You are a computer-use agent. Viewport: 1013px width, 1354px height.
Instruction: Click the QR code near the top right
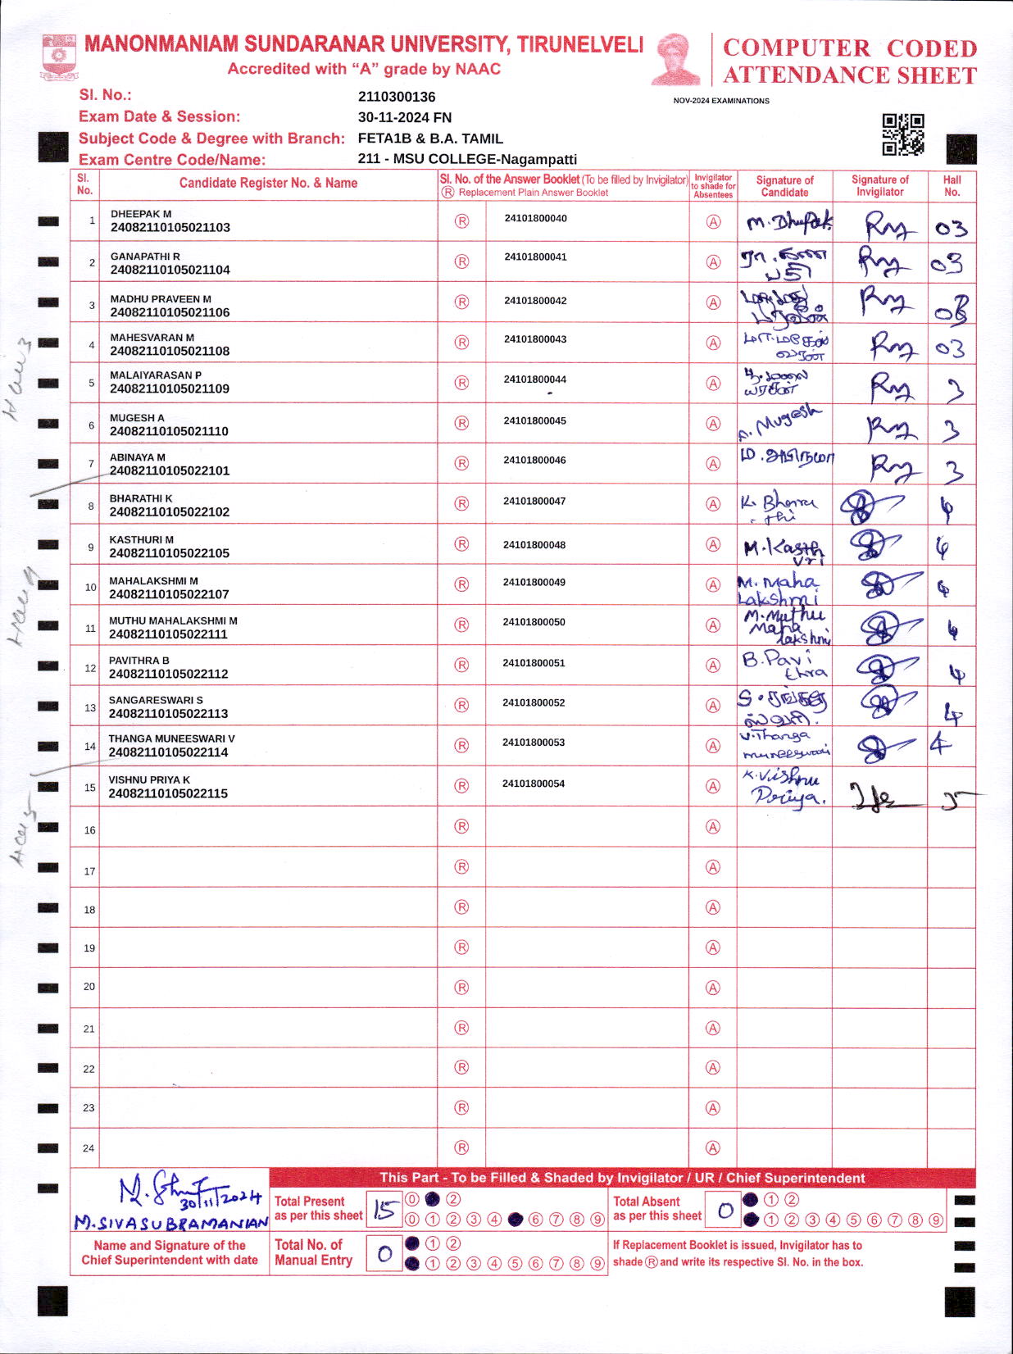pos(902,134)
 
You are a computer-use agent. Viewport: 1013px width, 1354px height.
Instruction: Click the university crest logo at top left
pos(59,56)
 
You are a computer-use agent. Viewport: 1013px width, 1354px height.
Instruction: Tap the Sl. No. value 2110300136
pos(397,97)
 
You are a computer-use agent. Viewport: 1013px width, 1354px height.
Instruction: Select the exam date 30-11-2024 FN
pos(405,117)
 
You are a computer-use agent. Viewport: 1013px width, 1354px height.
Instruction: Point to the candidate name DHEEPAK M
pos(141,214)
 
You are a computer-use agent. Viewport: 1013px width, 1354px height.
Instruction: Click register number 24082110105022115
pos(168,793)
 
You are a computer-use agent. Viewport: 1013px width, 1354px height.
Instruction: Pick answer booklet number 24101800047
pos(534,501)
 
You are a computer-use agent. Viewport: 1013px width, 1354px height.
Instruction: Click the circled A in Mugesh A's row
pos(713,424)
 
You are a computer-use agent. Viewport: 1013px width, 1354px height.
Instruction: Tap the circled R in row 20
pos(461,987)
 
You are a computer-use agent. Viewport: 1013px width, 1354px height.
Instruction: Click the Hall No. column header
pos(952,186)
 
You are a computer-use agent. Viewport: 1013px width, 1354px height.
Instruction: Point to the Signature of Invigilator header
pos(879,186)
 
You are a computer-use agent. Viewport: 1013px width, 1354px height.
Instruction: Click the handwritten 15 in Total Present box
pos(384,1211)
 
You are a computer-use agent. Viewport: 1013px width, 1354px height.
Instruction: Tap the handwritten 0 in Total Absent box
pos(725,1211)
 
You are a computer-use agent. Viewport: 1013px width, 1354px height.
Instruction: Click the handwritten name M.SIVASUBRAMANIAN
pos(170,1223)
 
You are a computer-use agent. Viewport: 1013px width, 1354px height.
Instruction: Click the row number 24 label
pos(89,1148)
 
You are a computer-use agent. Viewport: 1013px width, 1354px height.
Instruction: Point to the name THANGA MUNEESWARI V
pos(171,738)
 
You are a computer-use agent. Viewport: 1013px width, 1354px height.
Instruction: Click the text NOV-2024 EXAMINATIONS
pos(721,101)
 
